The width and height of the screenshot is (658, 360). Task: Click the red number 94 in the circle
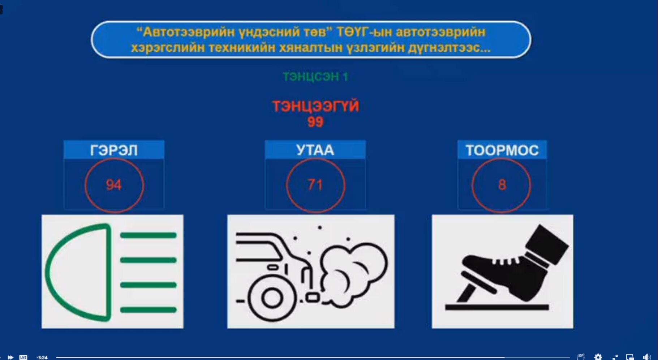click(113, 185)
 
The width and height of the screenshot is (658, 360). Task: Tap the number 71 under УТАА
click(315, 185)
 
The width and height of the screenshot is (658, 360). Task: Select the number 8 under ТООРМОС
click(502, 185)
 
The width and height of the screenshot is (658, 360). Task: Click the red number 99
click(315, 122)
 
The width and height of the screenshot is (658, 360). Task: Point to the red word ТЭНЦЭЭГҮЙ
click(315, 106)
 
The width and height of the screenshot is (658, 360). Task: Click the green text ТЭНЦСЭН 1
click(315, 77)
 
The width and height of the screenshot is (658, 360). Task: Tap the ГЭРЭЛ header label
click(114, 150)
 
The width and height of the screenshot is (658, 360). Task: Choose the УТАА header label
click(315, 150)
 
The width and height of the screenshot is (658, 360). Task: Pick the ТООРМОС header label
click(502, 150)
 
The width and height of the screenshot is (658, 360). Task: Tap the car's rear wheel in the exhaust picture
click(272, 298)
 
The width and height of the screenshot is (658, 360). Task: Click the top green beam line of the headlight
click(148, 236)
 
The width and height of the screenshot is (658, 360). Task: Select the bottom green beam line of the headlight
click(148, 310)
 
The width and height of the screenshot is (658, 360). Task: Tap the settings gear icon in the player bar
click(598, 357)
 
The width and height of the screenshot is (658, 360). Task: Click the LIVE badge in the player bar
click(23, 357)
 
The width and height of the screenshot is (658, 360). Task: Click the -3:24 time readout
click(42, 357)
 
